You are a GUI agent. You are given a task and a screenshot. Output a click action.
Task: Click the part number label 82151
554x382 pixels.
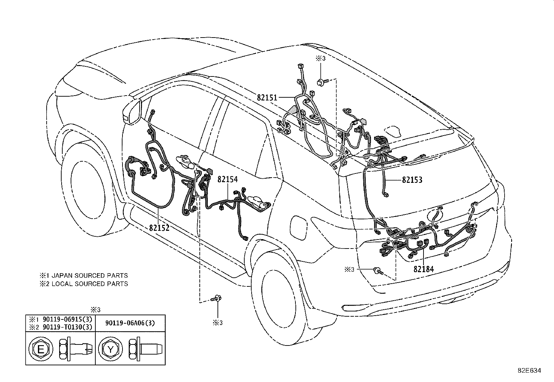click(267, 98)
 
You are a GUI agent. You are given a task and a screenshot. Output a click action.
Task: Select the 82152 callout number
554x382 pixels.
click(159, 228)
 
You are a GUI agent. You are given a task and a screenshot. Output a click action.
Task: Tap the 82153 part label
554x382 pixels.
click(412, 180)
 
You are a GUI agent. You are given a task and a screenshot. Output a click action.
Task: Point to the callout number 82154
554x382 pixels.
click(228, 179)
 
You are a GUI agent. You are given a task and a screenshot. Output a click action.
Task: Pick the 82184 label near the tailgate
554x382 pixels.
click(424, 269)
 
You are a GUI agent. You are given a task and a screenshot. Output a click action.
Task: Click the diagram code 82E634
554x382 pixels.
click(529, 371)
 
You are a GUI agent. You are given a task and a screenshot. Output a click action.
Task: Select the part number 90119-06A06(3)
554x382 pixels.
click(130, 323)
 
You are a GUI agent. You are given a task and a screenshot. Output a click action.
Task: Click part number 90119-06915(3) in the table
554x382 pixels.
click(68, 319)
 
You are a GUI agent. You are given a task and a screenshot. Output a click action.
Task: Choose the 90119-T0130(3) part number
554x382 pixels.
click(68, 327)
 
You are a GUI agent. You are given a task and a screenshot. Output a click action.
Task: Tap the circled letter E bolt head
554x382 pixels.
click(41, 349)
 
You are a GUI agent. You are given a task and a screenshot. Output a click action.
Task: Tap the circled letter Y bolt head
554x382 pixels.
click(110, 349)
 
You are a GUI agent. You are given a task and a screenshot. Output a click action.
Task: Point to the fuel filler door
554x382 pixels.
click(299, 227)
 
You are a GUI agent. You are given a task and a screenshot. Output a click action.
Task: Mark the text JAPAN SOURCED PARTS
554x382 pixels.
click(89, 276)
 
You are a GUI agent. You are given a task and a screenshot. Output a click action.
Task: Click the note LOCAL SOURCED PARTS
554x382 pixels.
click(90, 284)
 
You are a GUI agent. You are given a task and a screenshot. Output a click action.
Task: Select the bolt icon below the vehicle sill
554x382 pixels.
click(216, 299)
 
